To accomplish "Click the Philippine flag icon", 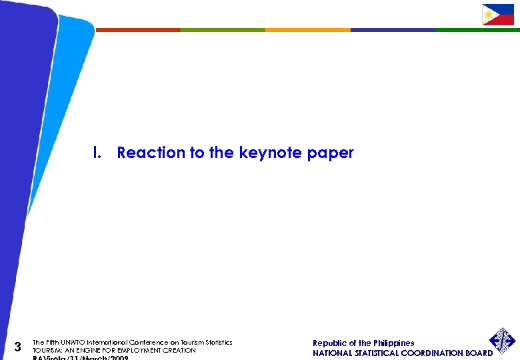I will (x=498, y=15).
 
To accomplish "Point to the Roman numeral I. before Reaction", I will (x=97, y=153).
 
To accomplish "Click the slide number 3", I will (x=18, y=347).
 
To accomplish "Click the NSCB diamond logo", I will (x=503, y=341).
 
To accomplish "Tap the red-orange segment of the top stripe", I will (x=138, y=29).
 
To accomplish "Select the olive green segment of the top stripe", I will (x=223, y=29).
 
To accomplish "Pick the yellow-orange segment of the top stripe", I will (x=307, y=29).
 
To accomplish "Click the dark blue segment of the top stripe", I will (x=393, y=29).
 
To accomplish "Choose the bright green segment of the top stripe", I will (x=477, y=29).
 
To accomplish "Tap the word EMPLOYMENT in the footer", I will (x=134, y=350).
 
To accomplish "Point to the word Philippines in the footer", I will (x=394, y=343).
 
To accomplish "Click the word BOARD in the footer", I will (x=478, y=353).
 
